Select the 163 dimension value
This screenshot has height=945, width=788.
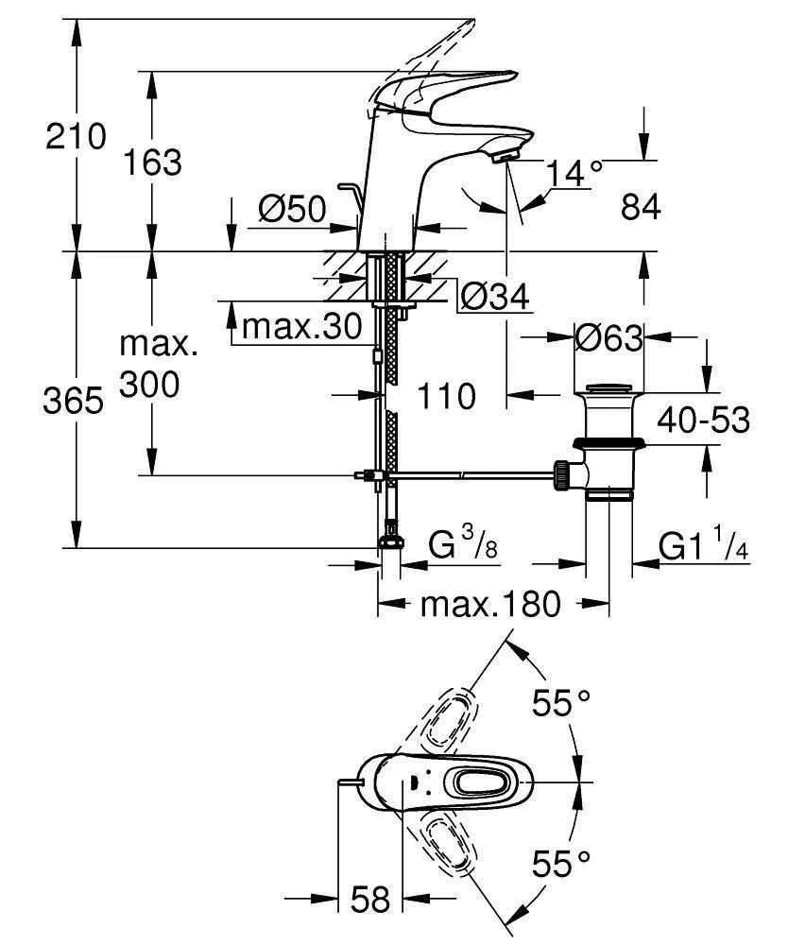[x=152, y=163]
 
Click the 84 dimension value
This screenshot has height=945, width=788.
[x=640, y=207]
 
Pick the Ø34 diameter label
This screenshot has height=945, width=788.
[x=493, y=298]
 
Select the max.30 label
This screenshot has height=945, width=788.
[x=301, y=327]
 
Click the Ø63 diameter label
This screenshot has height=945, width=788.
[x=609, y=338]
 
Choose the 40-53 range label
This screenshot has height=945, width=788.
[x=705, y=419]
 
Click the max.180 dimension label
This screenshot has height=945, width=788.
[x=489, y=604]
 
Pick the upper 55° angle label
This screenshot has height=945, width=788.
[x=560, y=703]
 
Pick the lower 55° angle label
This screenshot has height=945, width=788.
[x=560, y=862]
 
